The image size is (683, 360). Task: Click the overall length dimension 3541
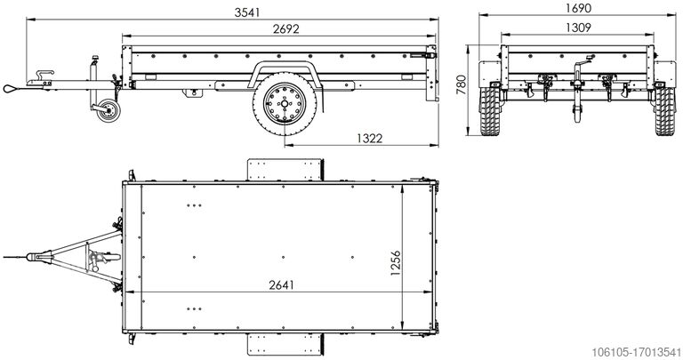pyautogui.click(x=247, y=12)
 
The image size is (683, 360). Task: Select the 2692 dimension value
pyautogui.click(x=286, y=28)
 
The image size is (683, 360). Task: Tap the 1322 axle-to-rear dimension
pyautogui.click(x=369, y=138)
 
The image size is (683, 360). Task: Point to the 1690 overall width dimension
pyautogui.click(x=578, y=8)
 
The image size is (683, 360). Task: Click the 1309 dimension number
pyautogui.click(x=578, y=28)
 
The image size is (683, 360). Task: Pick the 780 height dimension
pyautogui.click(x=462, y=84)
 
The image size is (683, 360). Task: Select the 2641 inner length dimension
pyautogui.click(x=281, y=284)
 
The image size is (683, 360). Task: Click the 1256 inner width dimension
pyautogui.click(x=395, y=263)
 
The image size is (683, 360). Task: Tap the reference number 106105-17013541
pyautogui.click(x=636, y=352)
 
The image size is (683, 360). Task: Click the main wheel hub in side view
pyautogui.click(x=284, y=104)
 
